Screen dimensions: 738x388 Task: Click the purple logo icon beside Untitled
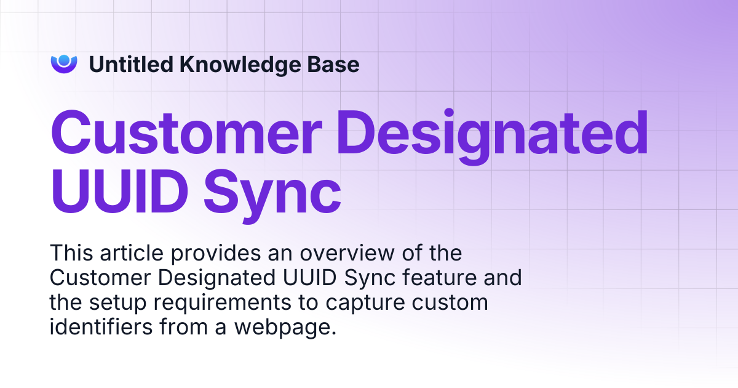[x=64, y=64]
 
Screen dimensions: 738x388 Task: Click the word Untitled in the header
[x=131, y=64]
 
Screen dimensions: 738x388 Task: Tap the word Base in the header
[x=333, y=64]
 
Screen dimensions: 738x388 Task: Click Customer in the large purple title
[x=186, y=132]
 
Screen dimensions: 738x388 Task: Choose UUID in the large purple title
[x=119, y=192]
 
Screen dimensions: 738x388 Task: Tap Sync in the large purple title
[x=272, y=196]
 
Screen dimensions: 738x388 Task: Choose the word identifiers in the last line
[x=101, y=326]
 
